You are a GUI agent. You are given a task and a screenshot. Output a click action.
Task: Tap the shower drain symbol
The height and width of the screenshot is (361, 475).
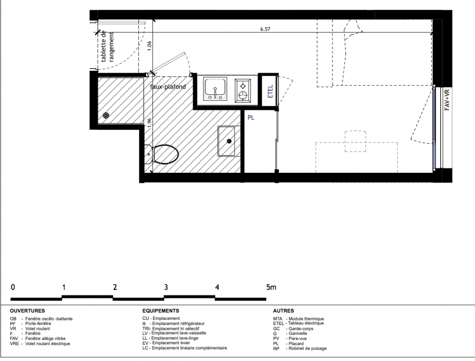[x=106, y=115]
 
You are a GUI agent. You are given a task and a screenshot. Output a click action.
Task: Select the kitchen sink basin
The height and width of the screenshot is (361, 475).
[x=215, y=88]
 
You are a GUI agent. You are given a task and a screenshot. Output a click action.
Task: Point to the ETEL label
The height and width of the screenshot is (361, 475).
[x=271, y=91]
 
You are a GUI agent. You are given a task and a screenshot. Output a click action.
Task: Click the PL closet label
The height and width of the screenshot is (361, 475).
[x=251, y=117]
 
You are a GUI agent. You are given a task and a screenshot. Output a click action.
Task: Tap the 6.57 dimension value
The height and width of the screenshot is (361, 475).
[x=265, y=29]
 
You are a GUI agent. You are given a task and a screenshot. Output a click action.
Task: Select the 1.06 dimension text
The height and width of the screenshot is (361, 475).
[x=149, y=46]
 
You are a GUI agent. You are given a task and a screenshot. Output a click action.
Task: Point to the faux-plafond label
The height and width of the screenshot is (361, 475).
[x=168, y=87]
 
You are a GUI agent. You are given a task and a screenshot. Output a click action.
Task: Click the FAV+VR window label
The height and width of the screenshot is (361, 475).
[x=447, y=100]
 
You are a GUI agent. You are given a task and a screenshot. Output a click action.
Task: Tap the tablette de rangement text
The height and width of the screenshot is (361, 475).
[x=108, y=46]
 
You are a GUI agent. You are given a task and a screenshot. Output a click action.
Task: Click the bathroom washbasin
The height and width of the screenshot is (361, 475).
[x=226, y=141]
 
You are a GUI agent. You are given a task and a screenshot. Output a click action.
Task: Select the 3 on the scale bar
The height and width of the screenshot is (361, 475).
[x=166, y=287]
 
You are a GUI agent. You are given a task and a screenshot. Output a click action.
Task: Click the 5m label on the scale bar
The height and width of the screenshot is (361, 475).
[x=272, y=287]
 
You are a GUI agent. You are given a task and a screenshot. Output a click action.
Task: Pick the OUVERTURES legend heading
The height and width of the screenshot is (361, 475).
[x=27, y=311]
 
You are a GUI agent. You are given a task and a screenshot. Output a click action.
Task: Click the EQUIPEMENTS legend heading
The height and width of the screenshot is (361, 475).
[x=160, y=311]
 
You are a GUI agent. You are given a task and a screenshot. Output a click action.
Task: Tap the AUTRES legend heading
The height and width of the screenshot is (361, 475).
[x=283, y=311]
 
